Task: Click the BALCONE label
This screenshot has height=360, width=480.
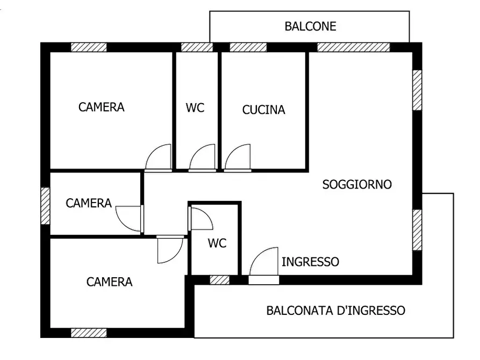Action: point(310,26)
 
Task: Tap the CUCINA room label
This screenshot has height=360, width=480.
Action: point(263,110)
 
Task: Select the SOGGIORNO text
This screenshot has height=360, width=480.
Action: point(357,185)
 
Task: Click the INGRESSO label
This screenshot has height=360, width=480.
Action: point(310,262)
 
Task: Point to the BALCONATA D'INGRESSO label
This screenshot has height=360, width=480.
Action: point(335,311)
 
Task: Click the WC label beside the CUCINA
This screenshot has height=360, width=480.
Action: point(195,108)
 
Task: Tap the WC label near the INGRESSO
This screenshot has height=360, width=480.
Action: point(217,243)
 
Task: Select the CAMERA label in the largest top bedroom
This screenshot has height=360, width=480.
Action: point(101,107)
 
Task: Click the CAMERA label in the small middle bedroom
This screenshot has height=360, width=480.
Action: point(89,203)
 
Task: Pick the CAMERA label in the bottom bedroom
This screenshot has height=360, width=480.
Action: point(109,282)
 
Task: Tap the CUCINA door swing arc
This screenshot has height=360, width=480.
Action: point(237,157)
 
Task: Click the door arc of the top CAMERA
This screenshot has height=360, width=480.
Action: point(158,157)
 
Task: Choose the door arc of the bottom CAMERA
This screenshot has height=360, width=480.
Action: point(170,251)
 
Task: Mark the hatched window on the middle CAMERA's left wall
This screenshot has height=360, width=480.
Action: point(45,206)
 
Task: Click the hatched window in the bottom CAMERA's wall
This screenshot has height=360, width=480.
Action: point(89,333)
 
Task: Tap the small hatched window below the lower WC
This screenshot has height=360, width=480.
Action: point(219,279)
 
